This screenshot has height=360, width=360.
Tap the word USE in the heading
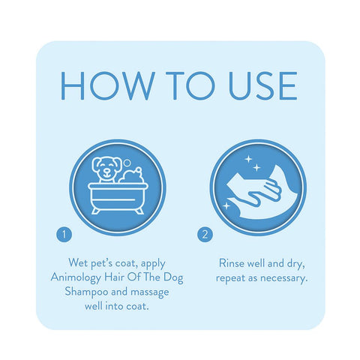pyautogui.click(x=263, y=85)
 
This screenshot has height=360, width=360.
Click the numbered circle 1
pyautogui.click(x=64, y=235)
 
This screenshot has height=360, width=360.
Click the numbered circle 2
pyautogui.click(x=205, y=235)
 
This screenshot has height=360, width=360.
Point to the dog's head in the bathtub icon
pyautogui.click(x=106, y=167)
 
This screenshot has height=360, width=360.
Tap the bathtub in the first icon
pyautogui.click(x=118, y=197)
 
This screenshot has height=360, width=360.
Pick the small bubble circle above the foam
pyautogui.click(x=127, y=163)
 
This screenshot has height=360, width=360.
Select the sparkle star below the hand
pyautogui.click(x=226, y=206)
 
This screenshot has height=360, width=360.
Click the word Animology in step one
pyautogui.click(x=76, y=278)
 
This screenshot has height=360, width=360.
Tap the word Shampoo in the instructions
pyautogui.click(x=86, y=292)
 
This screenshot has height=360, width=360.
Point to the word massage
pyautogui.click(x=150, y=292)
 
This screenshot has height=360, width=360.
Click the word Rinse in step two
pyautogui.click(x=232, y=263)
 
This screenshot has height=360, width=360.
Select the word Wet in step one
pyautogui.click(x=78, y=262)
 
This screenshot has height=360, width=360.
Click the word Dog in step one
pyautogui.click(x=173, y=277)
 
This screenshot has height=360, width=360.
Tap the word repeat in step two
pyautogui.click(x=230, y=278)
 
